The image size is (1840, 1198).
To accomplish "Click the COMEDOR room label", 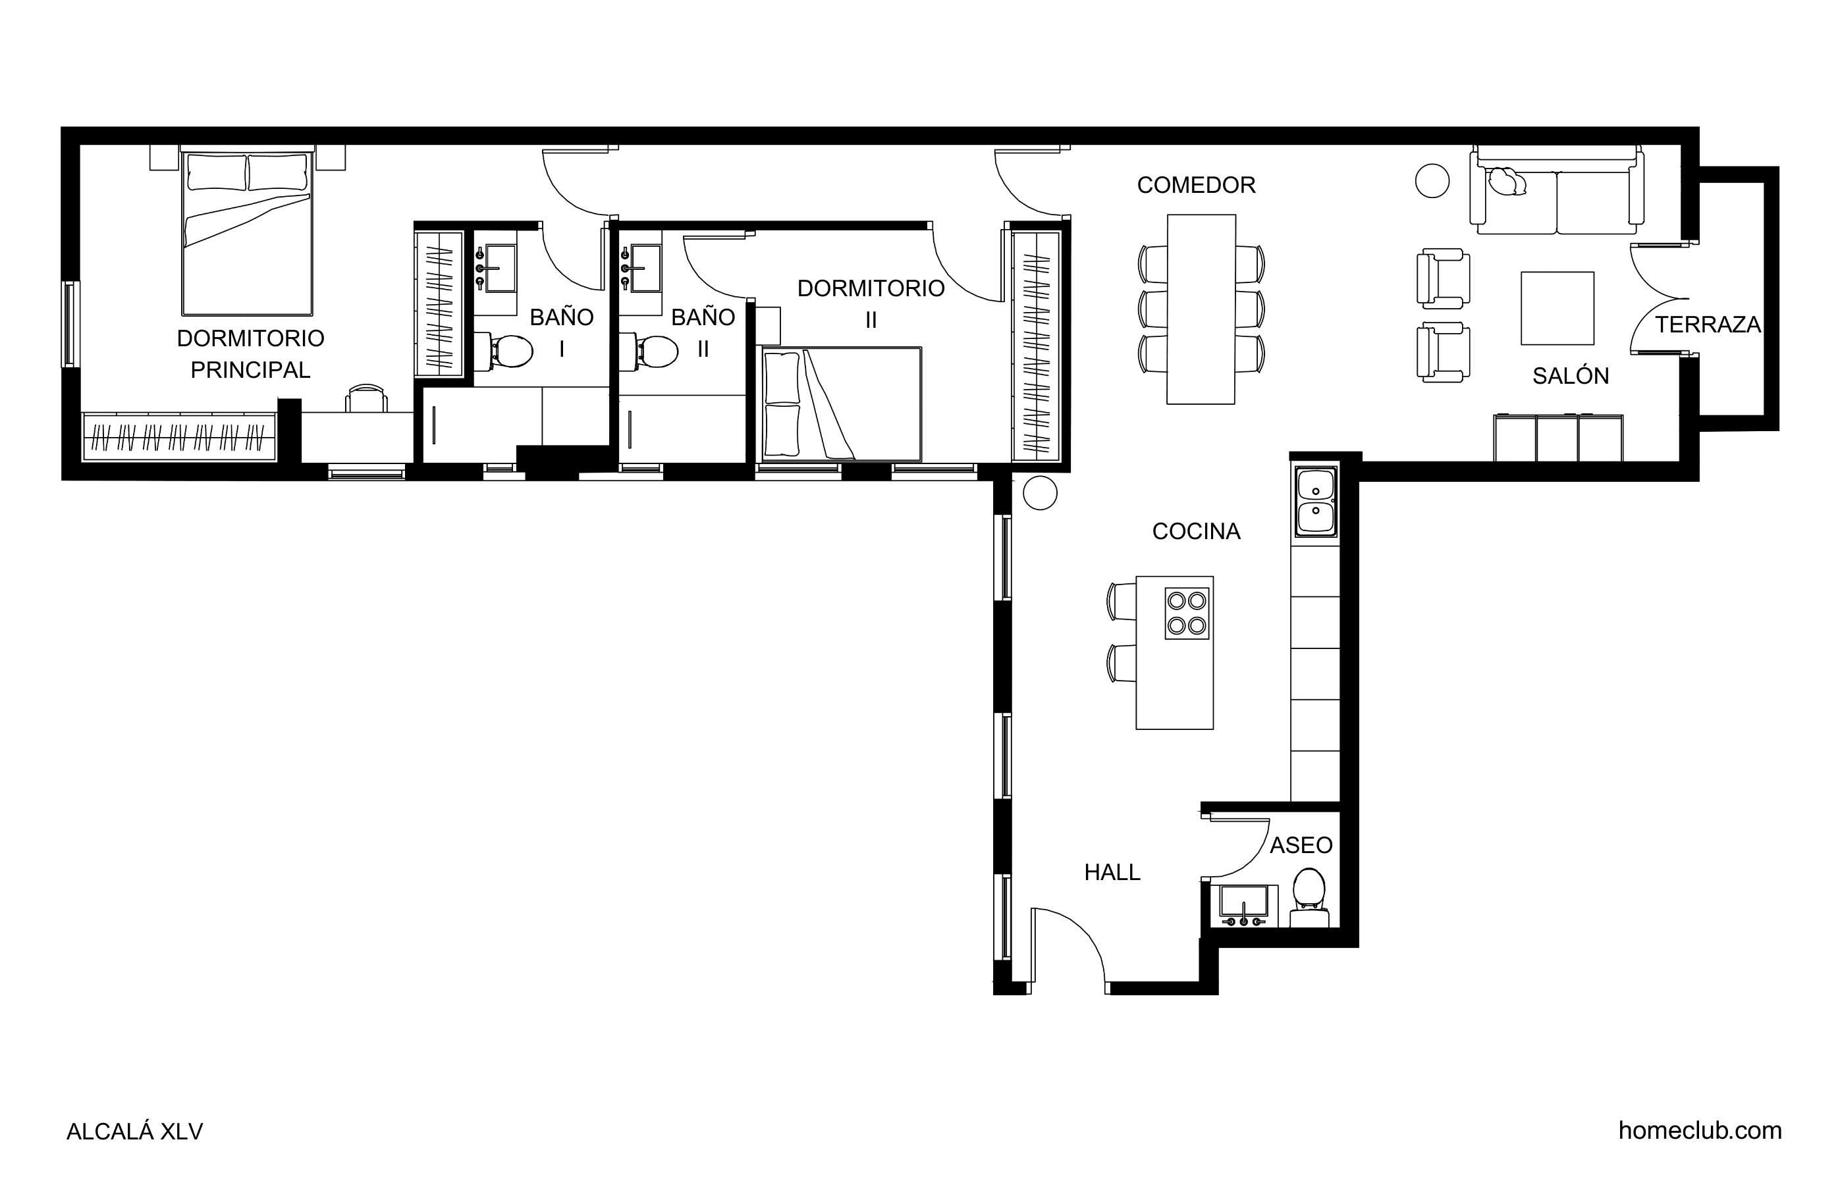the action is (x=1196, y=186).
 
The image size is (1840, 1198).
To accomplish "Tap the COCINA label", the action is (x=1196, y=532).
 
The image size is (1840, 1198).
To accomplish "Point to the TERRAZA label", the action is (x=1708, y=325).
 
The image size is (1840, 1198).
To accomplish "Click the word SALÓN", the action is (x=1571, y=376).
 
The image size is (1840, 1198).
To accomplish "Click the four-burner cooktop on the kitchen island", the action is (x=1187, y=613).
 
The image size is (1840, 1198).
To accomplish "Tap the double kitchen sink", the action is (x=1315, y=501).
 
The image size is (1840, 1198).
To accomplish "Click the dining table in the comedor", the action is (x=1201, y=309).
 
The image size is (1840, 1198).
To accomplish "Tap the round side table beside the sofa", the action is (x=1432, y=181).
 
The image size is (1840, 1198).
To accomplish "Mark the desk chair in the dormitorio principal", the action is (x=366, y=399).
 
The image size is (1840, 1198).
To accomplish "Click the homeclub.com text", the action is (x=1700, y=1131).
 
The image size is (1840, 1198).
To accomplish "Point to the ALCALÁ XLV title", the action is (x=134, y=1132).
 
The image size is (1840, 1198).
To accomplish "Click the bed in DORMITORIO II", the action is (x=842, y=404).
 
